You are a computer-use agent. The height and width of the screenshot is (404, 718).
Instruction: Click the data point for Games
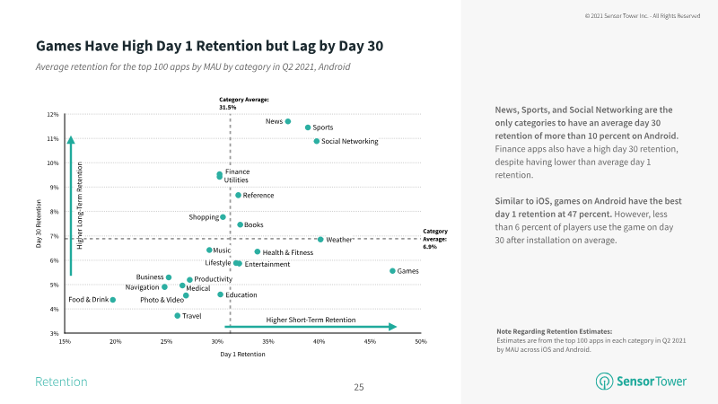392,271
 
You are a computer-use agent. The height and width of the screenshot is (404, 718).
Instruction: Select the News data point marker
288,121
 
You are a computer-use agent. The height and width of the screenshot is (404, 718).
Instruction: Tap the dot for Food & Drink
112,300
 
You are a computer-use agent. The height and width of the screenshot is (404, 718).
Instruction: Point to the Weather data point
320,240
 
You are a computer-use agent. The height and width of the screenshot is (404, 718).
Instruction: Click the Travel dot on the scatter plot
178,316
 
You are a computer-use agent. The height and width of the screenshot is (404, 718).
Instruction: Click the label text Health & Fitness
288,252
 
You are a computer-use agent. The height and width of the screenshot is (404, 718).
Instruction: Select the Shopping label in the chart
204,217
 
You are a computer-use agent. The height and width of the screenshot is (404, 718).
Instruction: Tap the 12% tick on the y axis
53,115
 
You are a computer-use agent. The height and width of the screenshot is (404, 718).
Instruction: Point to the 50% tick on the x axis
420,342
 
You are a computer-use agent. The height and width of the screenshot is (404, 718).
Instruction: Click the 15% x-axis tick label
65,342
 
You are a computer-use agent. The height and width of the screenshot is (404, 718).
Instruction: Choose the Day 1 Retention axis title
242,356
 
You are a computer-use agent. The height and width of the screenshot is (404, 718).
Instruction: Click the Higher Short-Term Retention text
311,320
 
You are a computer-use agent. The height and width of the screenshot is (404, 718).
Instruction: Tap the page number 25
359,388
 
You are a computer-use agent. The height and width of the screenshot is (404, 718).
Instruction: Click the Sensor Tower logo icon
604,382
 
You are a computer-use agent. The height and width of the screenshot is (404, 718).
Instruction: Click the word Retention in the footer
61,382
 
